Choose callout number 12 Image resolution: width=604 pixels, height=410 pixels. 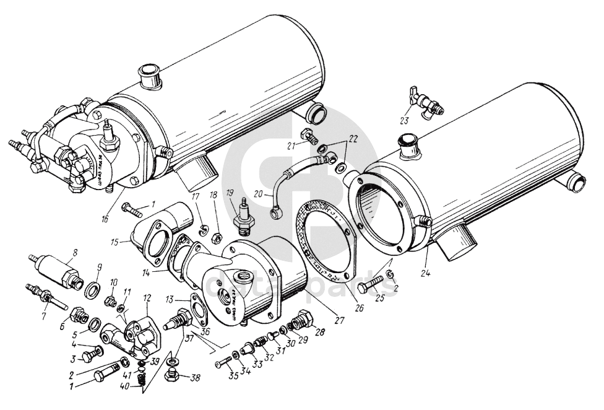coord(147,297)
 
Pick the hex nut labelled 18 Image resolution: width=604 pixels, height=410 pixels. coord(218,237)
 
